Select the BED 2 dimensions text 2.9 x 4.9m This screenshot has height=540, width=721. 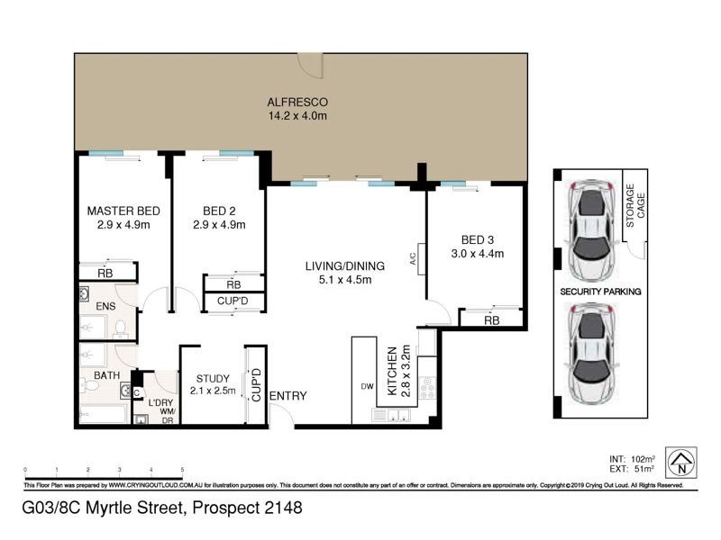pyautogui.click(x=219, y=225)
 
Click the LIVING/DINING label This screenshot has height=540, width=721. pyautogui.click(x=344, y=265)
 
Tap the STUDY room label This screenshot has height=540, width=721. pyautogui.click(x=213, y=378)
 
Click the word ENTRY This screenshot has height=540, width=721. pyautogui.click(x=288, y=396)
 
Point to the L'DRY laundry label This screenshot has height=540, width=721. pyautogui.click(x=161, y=401)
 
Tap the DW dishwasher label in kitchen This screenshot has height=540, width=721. pyautogui.click(x=367, y=387)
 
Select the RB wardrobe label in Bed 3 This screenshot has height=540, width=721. pyautogui.click(x=491, y=319)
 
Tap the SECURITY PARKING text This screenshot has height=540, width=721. pyautogui.click(x=600, y=292)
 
